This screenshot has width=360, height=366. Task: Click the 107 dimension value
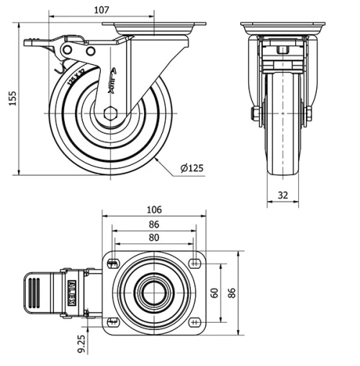click(102, 9)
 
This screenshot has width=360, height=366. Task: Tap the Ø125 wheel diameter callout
click(192, 168)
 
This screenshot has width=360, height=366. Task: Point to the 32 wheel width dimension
click(282, 194)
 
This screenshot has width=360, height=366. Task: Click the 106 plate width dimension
click(153, 210)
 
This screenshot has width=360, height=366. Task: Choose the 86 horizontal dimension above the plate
click(153, 224)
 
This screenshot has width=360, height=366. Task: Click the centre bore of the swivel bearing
click(153, 292)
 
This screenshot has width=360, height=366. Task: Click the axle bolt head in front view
click(255, 114)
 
